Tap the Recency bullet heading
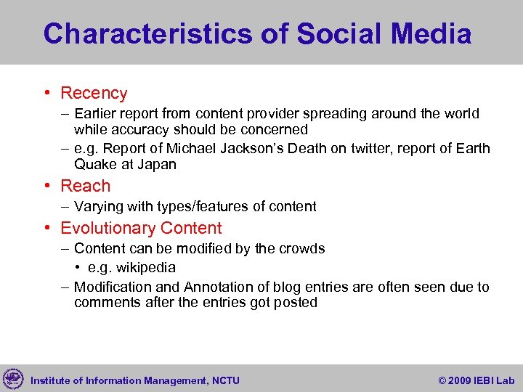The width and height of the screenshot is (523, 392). [94, 93]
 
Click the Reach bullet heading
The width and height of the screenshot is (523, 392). [86, 186]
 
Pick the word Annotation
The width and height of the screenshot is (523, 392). [219, 287]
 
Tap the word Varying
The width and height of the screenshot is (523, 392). [100, 207]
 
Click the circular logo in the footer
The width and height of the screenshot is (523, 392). [13, 379]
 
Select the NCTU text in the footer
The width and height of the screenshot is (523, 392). [224, 380]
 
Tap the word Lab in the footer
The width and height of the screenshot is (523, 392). [505, 380]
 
